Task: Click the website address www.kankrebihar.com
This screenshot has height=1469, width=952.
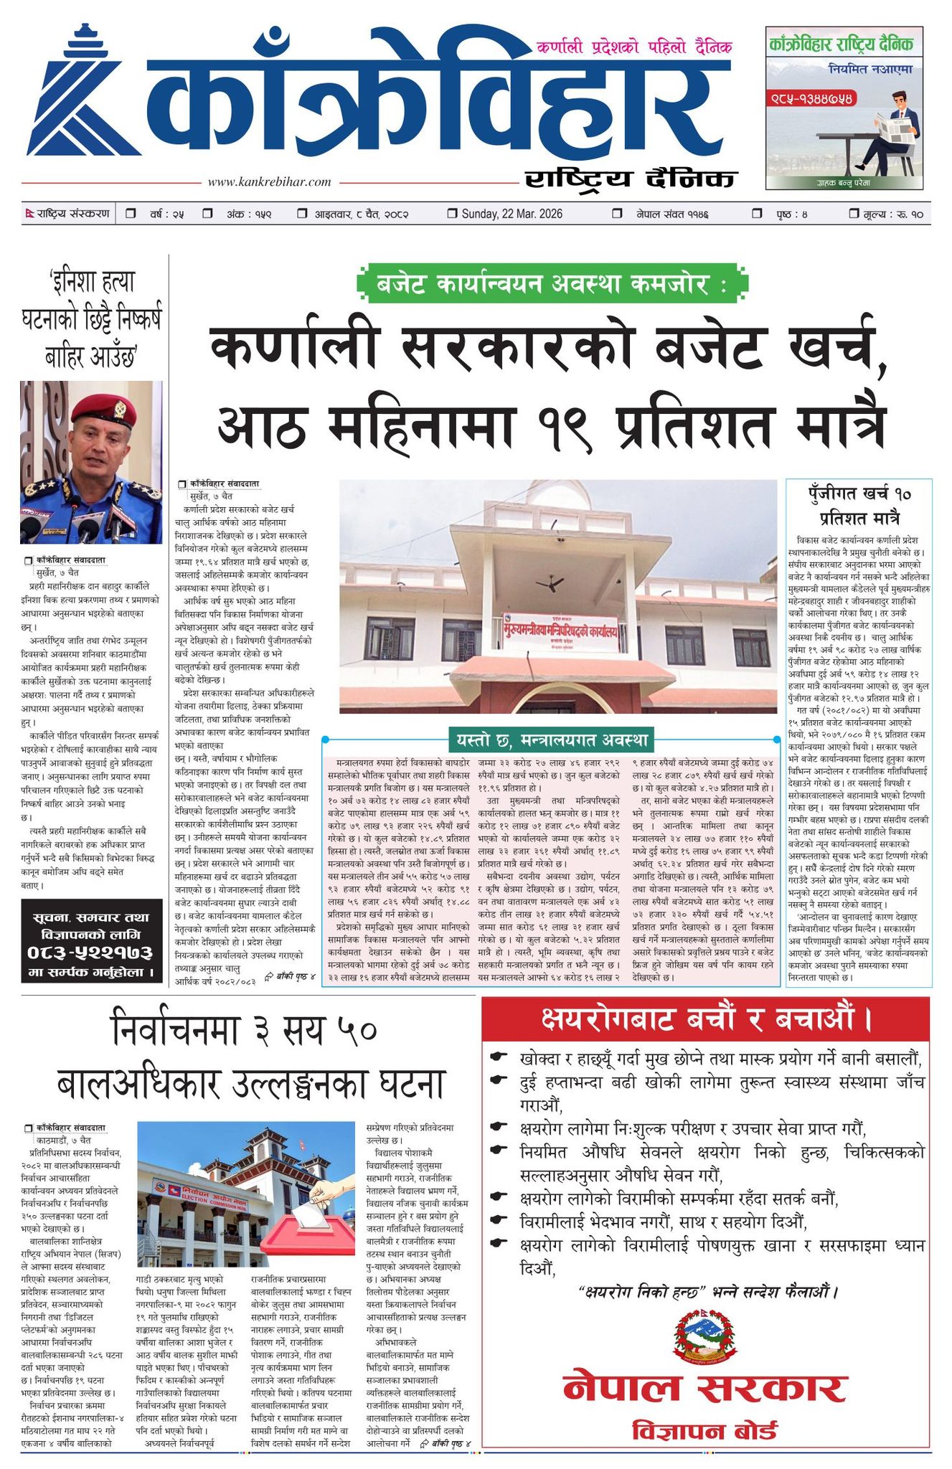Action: pyautogui.click(x=269, y=182)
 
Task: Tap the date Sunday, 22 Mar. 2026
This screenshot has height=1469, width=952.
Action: pyautogui.click(x=512, y=214)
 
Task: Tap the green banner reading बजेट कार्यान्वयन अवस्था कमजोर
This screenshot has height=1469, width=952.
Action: pyautogui.click(x=552, y=285)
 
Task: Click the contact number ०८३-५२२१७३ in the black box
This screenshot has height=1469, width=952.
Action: pyautogui.click(x=90, y=952)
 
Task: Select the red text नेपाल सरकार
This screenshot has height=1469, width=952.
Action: pyautogui.click(x=704, y=1388)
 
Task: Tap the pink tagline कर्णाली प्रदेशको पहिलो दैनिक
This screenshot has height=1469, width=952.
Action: pyautogui.click(x=634, y=48)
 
